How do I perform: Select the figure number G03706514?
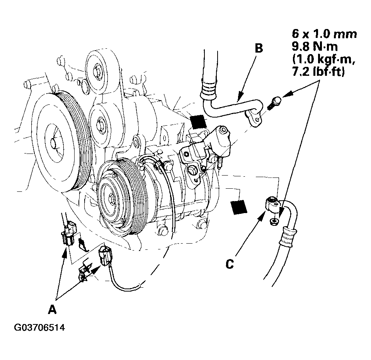[39, 328]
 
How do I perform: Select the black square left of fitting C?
[238, 207]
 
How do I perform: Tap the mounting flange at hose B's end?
[255, 117]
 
